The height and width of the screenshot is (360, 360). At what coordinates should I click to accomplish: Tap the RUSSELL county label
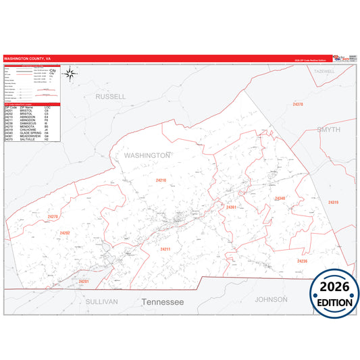click(111, 97)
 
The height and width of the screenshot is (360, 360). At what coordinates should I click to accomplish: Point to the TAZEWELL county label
click(324, 71)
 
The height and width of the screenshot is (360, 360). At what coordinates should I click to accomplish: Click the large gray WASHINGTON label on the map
click(147, 155)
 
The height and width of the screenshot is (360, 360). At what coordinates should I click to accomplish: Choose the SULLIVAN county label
click(102, 301)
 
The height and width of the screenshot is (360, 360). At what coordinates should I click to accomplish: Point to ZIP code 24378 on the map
click(298, 105)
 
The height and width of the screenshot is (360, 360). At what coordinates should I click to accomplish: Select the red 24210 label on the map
click(161, 180)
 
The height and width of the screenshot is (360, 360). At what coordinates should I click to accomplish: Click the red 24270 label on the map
click(54, 216)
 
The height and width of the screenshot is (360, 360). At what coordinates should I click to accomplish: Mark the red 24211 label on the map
click(165, 249)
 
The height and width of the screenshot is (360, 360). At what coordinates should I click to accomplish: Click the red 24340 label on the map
click(280, 198)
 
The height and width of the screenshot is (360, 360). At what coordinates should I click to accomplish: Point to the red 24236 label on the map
click(302, 260)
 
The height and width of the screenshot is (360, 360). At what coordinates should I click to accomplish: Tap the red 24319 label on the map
click(332, 202)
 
